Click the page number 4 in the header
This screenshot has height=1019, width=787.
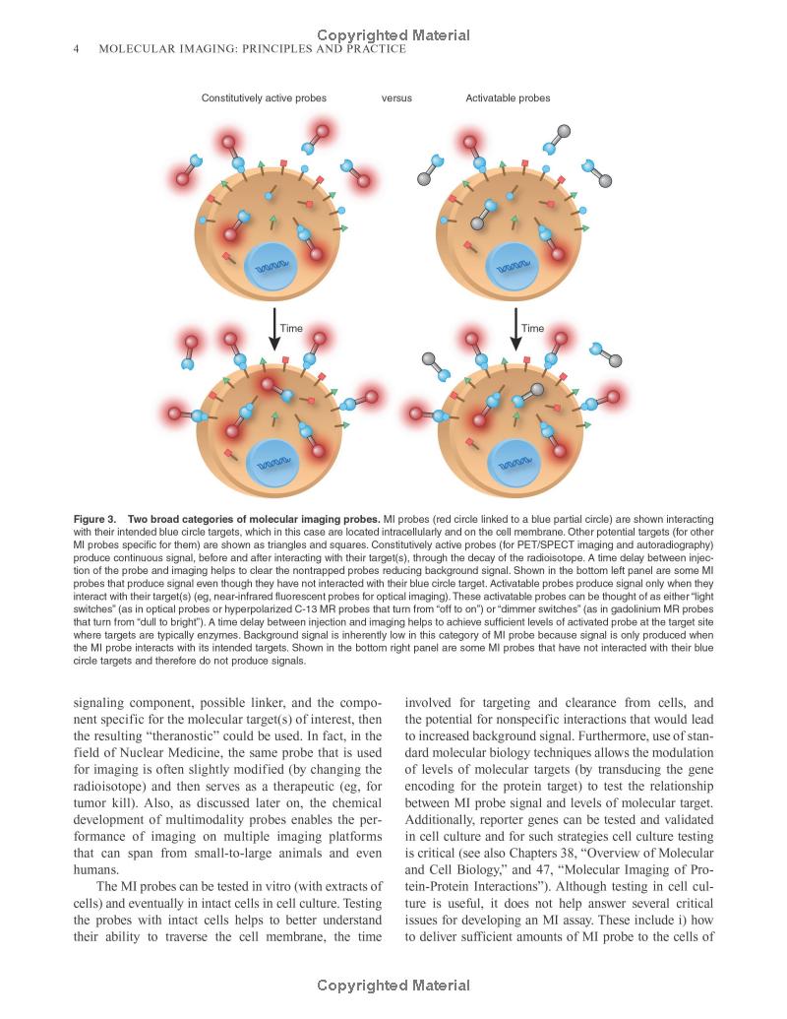[76, 49]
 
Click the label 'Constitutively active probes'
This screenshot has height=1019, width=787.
[264, 98]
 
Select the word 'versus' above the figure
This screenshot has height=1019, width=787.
[396, 98]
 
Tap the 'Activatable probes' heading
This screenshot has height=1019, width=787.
[508, 98]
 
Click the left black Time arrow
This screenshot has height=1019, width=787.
[274, 328]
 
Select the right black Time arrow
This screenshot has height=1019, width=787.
[515, 328]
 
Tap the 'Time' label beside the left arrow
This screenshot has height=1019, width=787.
[291, 328]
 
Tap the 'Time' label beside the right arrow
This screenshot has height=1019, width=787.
[532, 328]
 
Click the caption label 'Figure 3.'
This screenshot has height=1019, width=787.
[95, 519]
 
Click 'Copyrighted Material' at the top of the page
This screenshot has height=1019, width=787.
[393, 35]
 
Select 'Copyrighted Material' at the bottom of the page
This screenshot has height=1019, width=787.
[393, 986]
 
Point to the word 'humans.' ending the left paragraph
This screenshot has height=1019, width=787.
[96, 870]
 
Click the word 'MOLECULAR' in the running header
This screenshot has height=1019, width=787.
[135, 49]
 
